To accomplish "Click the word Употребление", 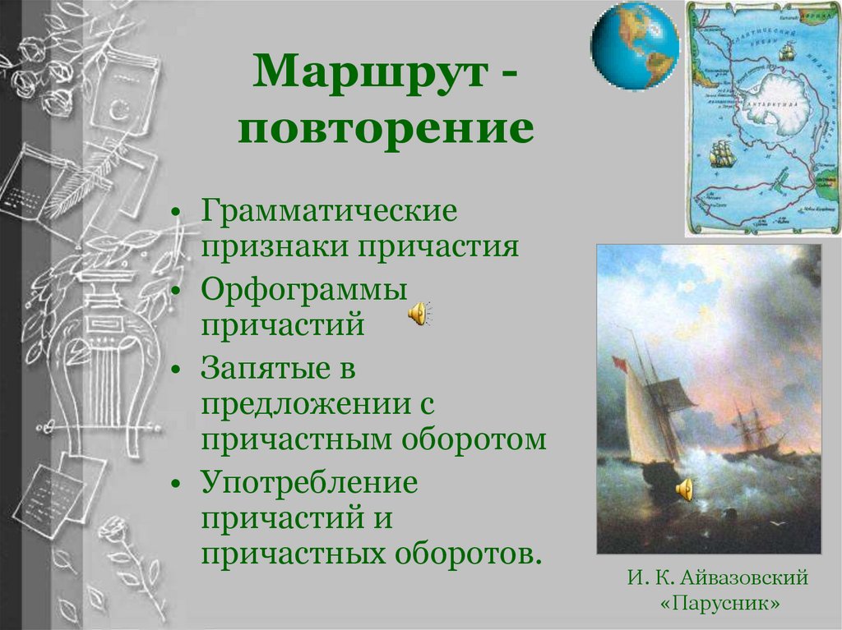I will click(x=309, y=482).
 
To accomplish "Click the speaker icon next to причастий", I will click(x=419, y=313).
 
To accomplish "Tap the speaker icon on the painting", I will click(x=684, y=490).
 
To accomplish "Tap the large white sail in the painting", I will click(x=645, y=420).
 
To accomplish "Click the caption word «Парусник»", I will click(x=719, y=604).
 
